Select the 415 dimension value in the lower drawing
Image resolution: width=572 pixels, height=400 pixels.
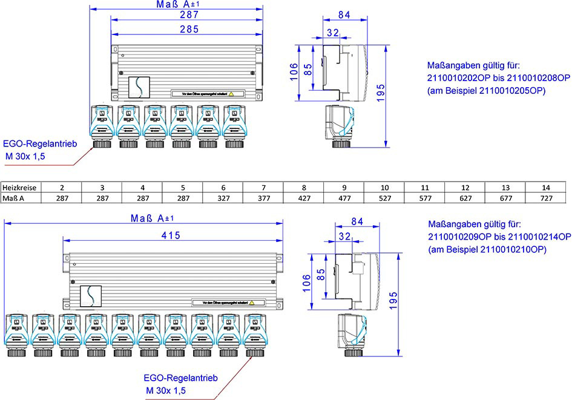[171, 236]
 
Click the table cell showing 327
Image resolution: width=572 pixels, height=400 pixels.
[223, 198]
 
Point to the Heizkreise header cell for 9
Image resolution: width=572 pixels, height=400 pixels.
[344, 188]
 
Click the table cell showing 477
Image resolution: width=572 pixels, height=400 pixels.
[344, 198]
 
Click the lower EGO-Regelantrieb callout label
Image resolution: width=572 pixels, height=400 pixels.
[180, 378]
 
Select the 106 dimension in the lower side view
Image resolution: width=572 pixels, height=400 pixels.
[306, 281]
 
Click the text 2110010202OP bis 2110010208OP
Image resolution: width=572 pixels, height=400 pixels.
[498, 78]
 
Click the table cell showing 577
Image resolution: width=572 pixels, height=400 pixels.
[425, 198]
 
